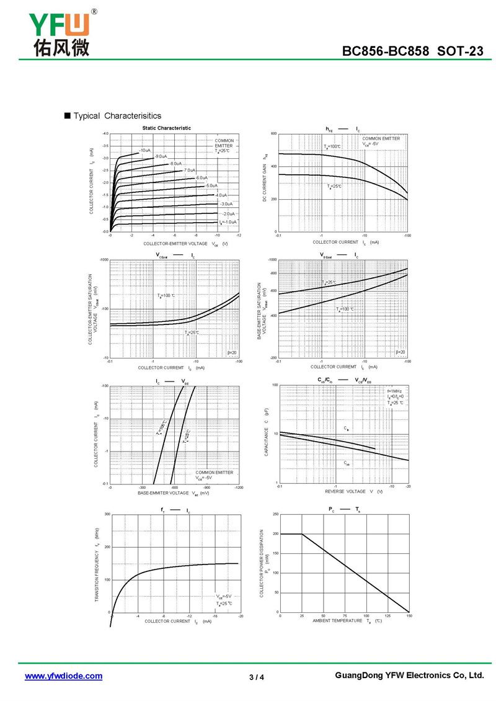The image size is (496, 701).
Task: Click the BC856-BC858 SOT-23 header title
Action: coord(413,51)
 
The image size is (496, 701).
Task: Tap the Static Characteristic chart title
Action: coord(167,128)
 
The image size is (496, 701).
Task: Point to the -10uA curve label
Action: coord(145,151)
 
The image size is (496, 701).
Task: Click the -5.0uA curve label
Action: coord(211,185)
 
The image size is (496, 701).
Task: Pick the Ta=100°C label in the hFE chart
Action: coord(332,146)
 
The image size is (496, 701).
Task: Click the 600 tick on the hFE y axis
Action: coord(273,134)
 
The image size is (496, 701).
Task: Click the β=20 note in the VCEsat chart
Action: coord(232,352)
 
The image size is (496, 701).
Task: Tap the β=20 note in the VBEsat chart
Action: coord(400,352)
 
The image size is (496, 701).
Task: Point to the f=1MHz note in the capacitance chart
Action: coord(395,391)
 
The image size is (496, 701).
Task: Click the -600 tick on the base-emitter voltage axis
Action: coord(174,488)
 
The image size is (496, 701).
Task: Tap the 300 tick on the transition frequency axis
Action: coord(107,514)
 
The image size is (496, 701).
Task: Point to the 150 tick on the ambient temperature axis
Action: coord(409,615)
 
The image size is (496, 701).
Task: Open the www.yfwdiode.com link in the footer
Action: coord(63,676)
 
